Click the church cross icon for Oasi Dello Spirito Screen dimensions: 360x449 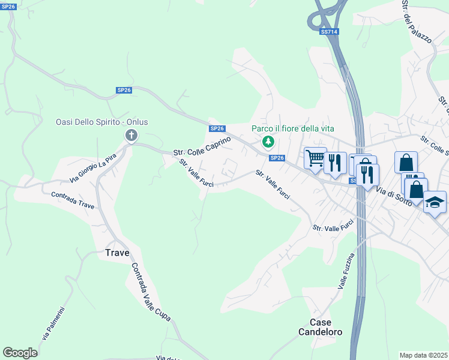(131, 136)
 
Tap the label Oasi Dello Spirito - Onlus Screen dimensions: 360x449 (101, 122)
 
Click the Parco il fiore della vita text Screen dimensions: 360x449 (292, 128)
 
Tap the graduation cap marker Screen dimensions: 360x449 (435, 202)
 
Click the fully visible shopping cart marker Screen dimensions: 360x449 (315, 159)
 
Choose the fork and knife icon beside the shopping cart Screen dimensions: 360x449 (335, 162)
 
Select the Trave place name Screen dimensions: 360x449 (117, 253)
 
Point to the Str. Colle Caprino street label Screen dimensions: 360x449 (202, 146)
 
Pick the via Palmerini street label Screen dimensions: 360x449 (54, 323)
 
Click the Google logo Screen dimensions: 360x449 (20, 352)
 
